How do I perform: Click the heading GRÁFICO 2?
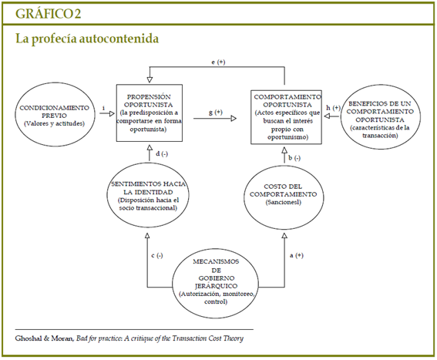49,13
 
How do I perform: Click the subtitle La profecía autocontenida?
87,39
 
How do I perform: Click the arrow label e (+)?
218,62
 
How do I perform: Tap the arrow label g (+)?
216,113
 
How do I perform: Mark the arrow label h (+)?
333,108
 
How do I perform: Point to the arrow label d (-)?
162,153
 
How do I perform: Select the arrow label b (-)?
294,158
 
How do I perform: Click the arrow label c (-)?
157,255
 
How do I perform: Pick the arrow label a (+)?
297,255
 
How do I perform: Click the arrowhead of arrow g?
234,119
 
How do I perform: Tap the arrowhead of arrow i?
112,113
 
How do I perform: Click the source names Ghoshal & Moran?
45,338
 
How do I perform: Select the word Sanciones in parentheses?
284,202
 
